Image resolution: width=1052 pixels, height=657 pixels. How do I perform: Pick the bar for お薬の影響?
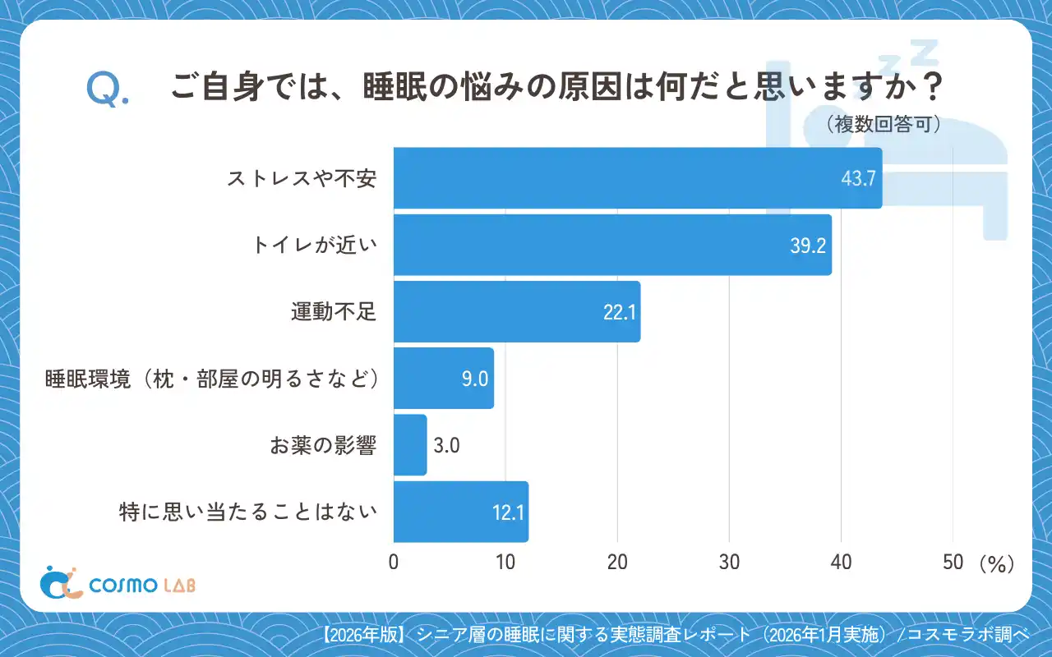(410, 445)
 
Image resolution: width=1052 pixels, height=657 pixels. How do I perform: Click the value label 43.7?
(858, 178)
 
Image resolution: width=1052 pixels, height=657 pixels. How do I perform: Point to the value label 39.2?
(807, 246)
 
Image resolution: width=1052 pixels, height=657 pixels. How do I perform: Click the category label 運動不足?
(333, 312)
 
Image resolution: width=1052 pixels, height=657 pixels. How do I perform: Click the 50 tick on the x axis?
(953, 563)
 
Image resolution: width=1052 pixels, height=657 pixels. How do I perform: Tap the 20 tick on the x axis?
(617, 563)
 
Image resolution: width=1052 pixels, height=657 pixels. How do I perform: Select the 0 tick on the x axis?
(394, 563)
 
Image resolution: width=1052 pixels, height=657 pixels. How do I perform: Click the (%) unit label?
(996, 564)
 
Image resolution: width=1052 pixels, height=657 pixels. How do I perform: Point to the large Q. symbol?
(107, 90)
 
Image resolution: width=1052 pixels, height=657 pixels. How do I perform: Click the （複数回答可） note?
(883, 125)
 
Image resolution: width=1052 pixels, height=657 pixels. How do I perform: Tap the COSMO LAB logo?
(118, 583)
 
